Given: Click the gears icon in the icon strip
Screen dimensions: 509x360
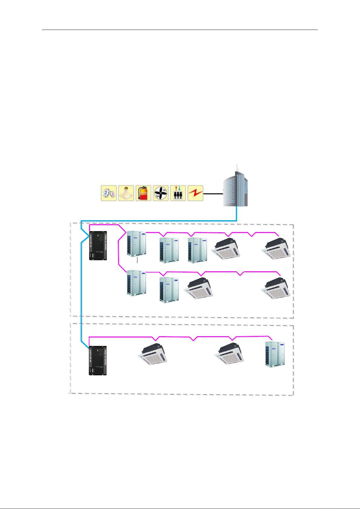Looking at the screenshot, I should pyautogui.click(x=108, y=193).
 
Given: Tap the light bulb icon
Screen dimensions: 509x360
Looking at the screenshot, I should pyautogui.click(x=126, y=193).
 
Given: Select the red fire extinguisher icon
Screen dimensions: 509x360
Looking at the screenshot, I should pyautogui.click(x=143, y=193).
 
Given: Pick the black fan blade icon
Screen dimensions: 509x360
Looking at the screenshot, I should pyautogui.click(x=161, y=193).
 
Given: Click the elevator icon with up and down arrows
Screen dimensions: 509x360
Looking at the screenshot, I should pyautogui.click(x=178, y=193).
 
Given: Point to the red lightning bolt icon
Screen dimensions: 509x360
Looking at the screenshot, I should pyautogui.click(x=195, y=193).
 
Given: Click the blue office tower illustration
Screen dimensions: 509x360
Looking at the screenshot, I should pyautogui.click(x=235, y=191).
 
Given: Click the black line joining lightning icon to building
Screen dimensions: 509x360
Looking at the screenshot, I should pyautogui.click(x=213, y=194).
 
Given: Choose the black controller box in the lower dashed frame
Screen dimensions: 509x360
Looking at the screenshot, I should pyautogui.click(x=98, y=361).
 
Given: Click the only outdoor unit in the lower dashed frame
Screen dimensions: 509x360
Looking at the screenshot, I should pyautogui.click(x=275, y=354).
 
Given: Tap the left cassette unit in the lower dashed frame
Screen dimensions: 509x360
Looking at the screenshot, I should pyautogui.click(x=153, y=354).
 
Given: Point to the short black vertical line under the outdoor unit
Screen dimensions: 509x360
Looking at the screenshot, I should pyautogui.click(x=138, y=260).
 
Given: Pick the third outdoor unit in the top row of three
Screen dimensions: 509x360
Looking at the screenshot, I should pyautogui.click(x=197, y=250).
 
